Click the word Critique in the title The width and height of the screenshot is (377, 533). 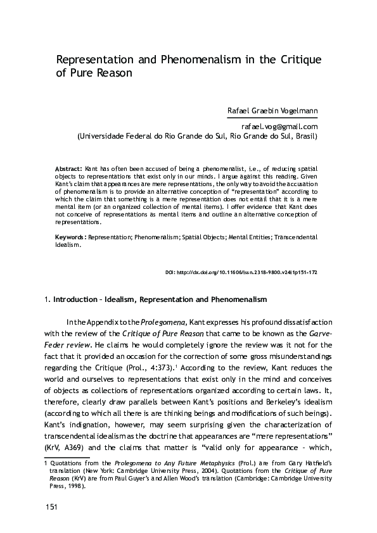point(298,60)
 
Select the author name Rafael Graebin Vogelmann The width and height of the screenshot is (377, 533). point(272,111)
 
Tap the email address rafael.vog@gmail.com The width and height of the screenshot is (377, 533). point(279,127)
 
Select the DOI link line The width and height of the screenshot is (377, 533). point(241,272)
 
